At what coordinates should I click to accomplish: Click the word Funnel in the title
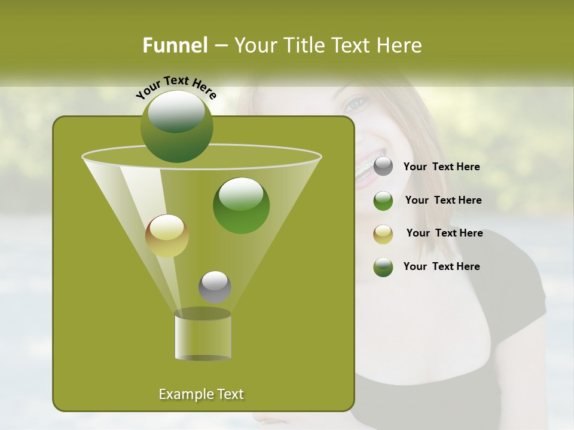175,45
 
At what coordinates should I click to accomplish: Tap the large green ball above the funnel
176,126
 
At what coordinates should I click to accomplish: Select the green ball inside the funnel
241,205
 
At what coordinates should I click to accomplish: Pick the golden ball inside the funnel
167,236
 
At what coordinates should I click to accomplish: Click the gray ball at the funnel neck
215,287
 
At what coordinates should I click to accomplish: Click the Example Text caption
201,394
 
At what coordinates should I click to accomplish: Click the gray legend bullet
383,167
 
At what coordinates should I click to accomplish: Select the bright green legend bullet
383,201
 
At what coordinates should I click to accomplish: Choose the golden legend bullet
383,234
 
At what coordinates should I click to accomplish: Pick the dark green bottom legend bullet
383,267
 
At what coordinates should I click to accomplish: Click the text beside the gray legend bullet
441,167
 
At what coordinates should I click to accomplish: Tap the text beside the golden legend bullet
444,233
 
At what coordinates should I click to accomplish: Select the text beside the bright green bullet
443,200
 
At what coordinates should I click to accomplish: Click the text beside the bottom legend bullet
441,266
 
